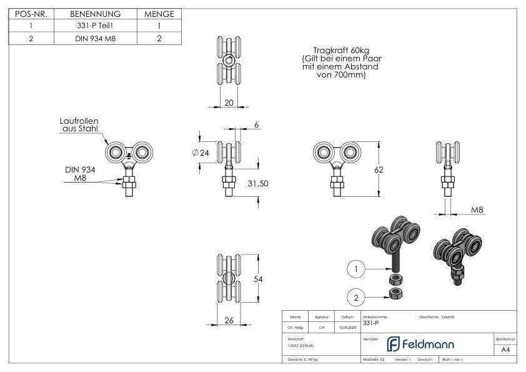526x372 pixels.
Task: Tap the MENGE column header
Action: click(159, 14)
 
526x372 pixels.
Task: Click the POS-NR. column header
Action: click(31, 14)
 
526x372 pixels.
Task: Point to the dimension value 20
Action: click(229, 103)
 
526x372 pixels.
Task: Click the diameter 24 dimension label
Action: click(201, 153)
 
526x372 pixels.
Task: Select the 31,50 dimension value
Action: click(257, 183)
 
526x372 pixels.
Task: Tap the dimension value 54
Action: click(257, 279)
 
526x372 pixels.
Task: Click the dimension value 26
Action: click(229, 321)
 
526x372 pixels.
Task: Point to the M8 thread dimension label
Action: click(477, 209)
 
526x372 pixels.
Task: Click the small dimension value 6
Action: click(257, 125)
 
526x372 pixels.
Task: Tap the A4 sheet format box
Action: click(505, 349)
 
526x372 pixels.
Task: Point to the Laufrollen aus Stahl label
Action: click(80, 124)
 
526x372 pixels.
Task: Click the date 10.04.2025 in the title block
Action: click(347, 326)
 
